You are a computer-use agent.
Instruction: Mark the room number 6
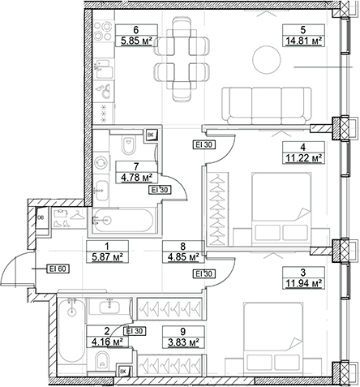pos(136,30)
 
